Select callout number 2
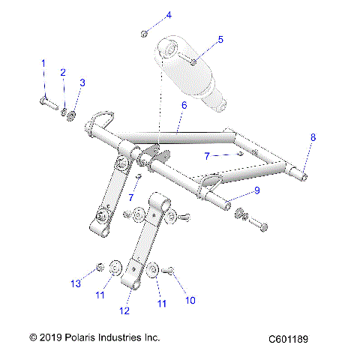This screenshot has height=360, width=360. coord(63,73)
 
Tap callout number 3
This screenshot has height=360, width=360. coord(82,82)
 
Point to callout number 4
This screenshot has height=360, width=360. coord(168,15)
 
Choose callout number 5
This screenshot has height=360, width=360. coord(220,39)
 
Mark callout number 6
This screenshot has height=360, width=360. coord(183,106)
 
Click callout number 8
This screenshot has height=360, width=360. coord(313,137)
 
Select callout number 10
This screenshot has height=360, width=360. coord(190,300)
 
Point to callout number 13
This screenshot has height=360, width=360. coord(74,284)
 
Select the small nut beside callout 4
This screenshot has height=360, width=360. coord(143,33)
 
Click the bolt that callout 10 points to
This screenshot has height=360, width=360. coord(167,269)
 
